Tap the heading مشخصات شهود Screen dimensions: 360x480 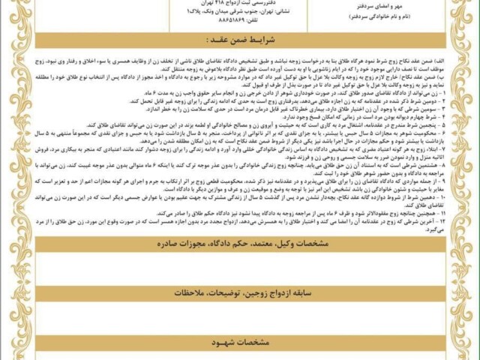[x=240, y=344]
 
